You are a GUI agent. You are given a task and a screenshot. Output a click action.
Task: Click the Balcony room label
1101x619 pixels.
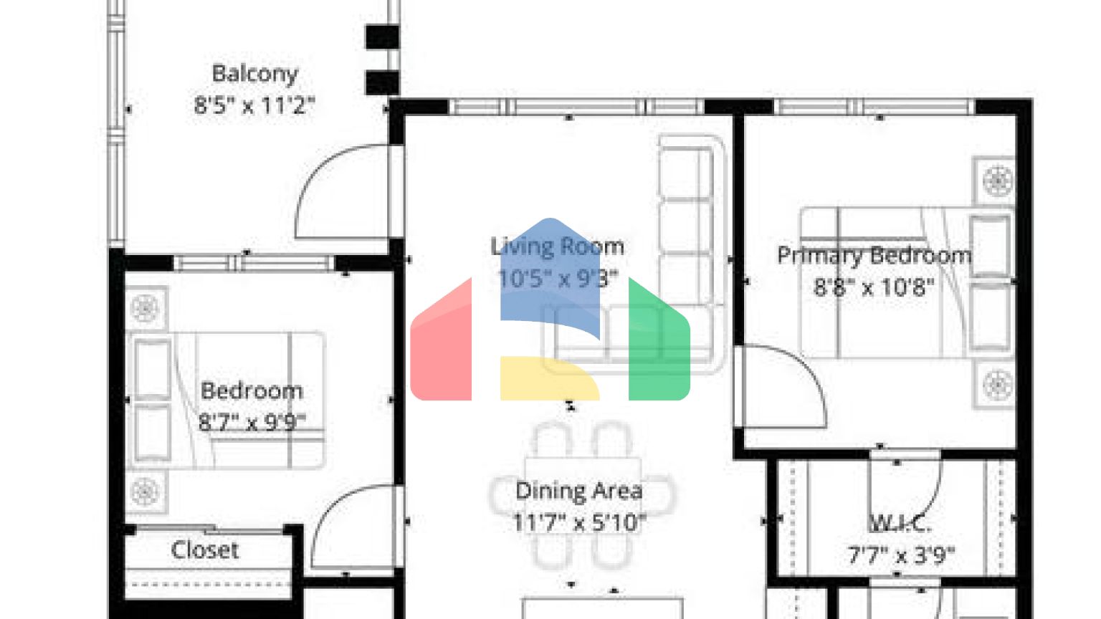tap(254, 74)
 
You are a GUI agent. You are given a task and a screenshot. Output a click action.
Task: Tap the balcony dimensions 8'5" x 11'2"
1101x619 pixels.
tap(254, 105)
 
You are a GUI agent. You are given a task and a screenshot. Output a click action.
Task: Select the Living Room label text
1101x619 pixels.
tap(557, 246)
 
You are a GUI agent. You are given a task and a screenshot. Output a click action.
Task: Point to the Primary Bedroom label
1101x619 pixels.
tap(874, 255)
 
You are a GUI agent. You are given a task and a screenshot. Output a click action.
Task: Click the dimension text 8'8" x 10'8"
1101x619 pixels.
tap(874, 287)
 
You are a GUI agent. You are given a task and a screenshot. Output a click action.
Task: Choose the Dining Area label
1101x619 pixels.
tap(578, 491)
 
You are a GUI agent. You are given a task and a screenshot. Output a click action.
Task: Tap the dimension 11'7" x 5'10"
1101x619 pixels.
tap(578, 522)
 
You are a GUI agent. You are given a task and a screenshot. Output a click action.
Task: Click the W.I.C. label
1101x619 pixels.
tap(900, 524)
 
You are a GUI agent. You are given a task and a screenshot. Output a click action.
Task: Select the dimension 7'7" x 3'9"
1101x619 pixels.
tap(901, 555)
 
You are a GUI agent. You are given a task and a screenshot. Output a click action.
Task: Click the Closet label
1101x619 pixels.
tap(205, 550)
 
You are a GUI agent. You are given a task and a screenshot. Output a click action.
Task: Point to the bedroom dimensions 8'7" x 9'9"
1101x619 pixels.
tap(252, 422)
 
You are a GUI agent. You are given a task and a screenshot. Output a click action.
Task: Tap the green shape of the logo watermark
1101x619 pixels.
tap(658, 344)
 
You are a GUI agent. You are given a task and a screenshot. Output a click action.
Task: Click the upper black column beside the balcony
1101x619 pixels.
tap(382, 37)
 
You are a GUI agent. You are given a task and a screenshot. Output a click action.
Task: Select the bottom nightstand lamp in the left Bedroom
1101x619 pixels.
tap(145, 492)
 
